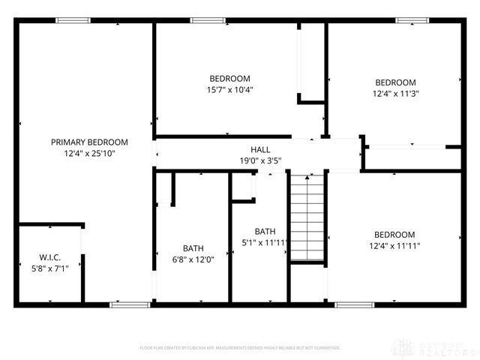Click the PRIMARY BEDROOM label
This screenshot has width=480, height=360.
click(89, 142)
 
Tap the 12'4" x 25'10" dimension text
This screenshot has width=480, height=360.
click(89, 153)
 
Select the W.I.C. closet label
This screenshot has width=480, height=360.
click(49, 256)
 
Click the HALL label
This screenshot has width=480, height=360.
click(260, 150)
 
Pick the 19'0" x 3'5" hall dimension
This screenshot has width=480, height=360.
click(260, 160)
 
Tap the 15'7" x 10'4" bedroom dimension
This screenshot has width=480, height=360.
click(229, 89)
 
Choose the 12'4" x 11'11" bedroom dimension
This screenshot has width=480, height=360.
click(394, 245)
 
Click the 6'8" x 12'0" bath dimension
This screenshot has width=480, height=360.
click(193, 259)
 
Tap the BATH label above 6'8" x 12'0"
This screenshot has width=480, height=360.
click(193, 248)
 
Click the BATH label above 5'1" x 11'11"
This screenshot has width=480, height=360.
click(265, 231)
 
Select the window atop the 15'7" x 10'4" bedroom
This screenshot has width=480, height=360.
click(202, 21)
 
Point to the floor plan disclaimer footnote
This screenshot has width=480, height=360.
click(240, 348)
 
